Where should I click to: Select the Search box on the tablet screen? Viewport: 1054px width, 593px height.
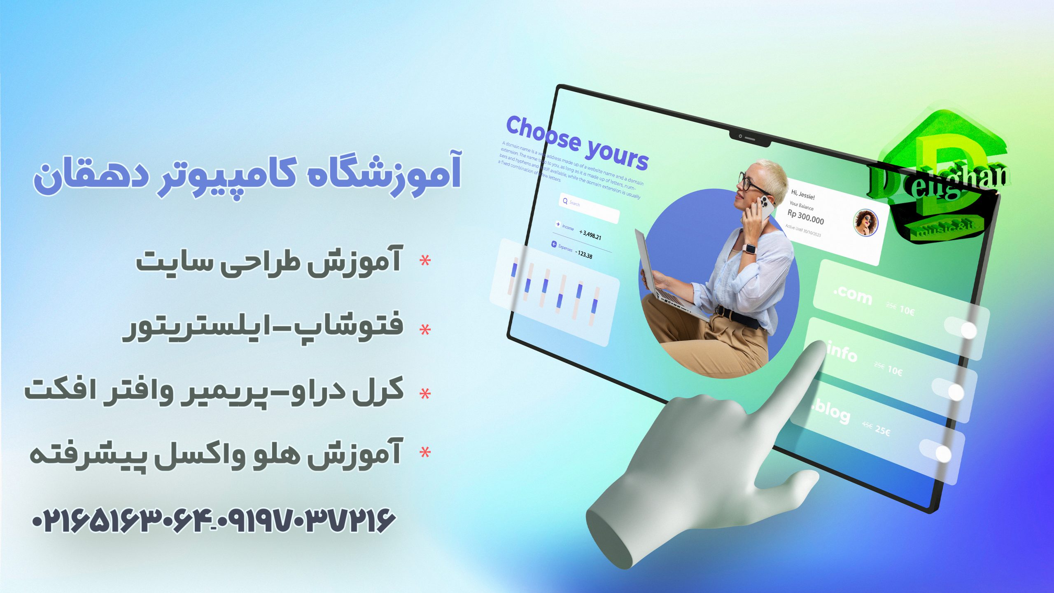coord(590,208)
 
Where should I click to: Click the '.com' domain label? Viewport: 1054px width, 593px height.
coord(852,295)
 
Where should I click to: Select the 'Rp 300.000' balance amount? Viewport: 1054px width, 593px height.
coord(805,217)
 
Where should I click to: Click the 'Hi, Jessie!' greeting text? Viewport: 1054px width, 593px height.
coord(802,194)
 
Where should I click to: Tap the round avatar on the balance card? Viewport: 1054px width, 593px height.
coord(865,222)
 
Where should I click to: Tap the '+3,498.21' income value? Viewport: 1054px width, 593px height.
coord(590,235)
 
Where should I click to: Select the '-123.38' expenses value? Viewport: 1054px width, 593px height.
coord(583,254)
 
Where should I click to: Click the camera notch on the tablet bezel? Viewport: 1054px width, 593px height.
coord(749,138)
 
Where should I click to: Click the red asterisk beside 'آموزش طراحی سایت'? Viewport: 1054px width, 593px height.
coord(425,261)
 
